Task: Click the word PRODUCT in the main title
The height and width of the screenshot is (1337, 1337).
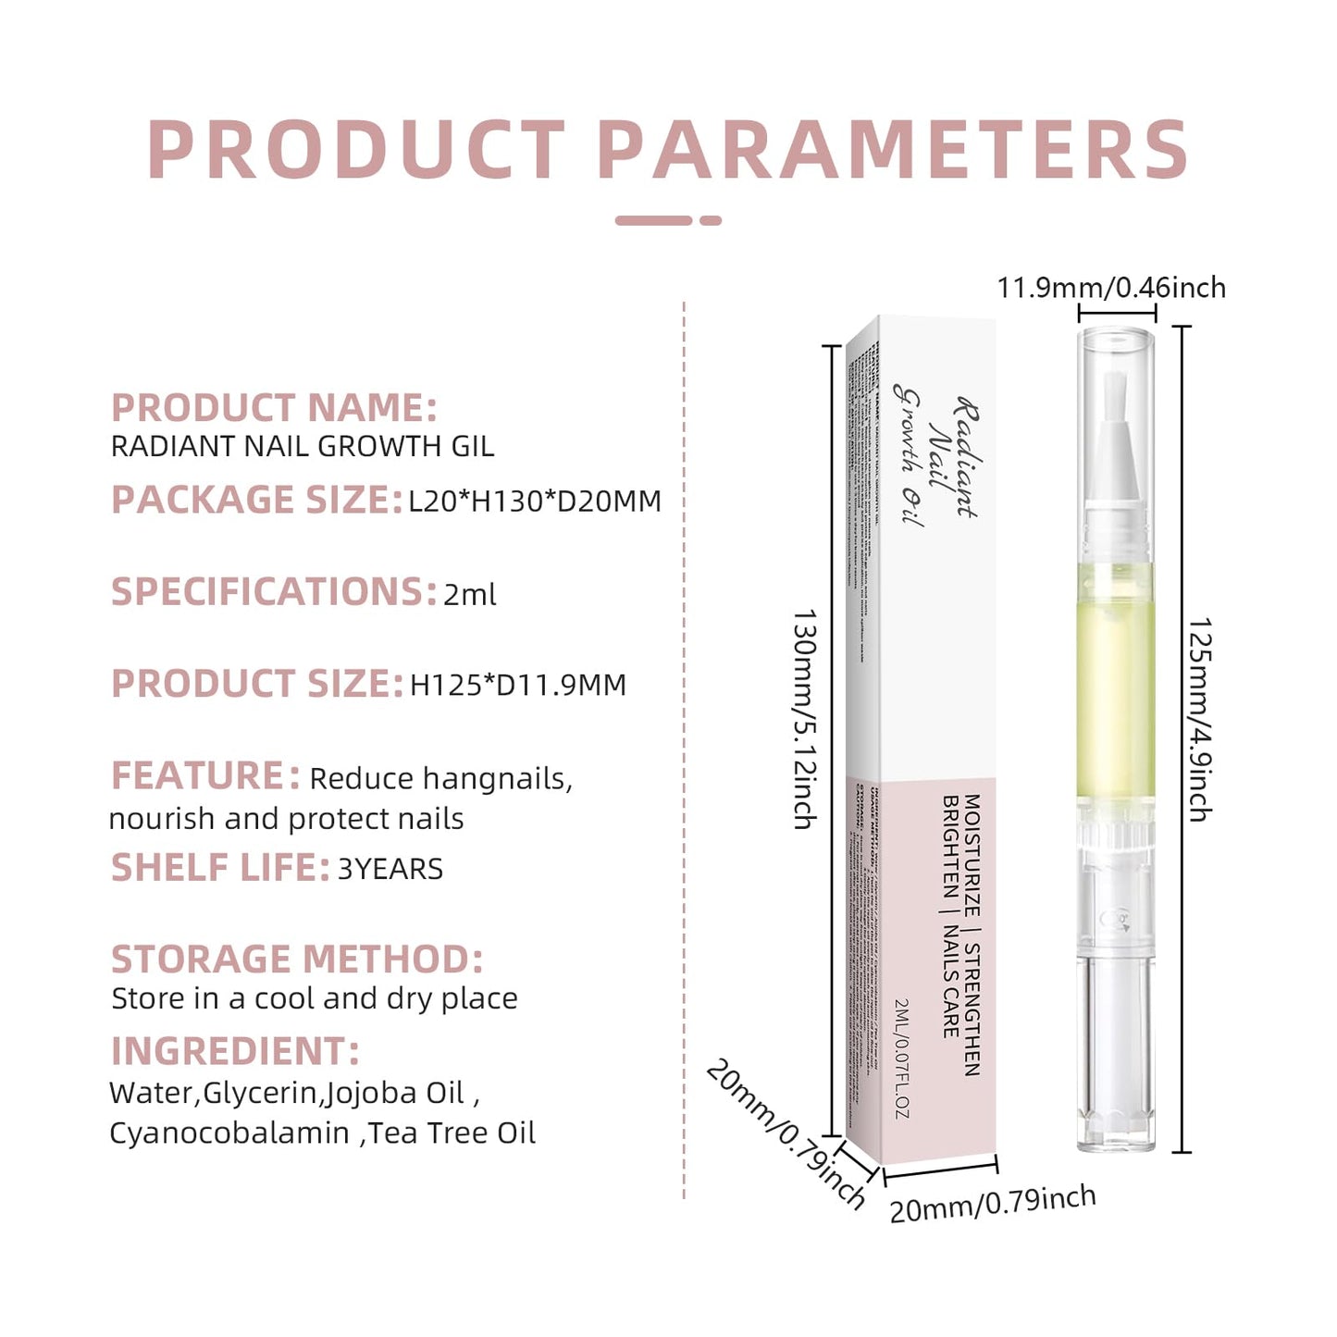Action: tap(356, 150)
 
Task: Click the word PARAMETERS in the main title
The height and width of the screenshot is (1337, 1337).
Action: tap(893, 150)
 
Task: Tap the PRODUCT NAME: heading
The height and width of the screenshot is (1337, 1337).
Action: tap(274, 408)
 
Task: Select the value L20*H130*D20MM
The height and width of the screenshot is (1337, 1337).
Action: tap(535, 501)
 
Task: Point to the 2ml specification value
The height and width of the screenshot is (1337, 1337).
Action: tap(469, 594)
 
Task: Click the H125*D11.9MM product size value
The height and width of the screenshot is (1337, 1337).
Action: tap(518, 686)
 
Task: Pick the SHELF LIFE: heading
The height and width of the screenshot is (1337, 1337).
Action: tap(220, 868)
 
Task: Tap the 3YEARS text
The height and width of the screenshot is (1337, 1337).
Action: tap(390, 870)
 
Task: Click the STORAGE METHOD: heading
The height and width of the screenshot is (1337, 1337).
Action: tap(297, 959)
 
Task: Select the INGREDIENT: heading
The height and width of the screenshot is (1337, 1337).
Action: tap(235, 1052)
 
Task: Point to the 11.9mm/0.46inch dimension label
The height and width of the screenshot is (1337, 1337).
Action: tap(1111, 288)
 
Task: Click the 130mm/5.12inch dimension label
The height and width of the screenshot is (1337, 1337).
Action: tap(804, 719)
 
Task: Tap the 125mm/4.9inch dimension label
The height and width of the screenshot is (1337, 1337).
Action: tap(1200, 719)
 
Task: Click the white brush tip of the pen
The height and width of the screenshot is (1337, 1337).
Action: tap(1117, 435)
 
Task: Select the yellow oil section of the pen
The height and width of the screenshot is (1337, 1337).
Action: tap(1116, 685)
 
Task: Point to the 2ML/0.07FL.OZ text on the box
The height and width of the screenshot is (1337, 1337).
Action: tap(903, 1058)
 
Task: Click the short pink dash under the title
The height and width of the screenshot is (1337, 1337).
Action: tap(710, 220)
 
